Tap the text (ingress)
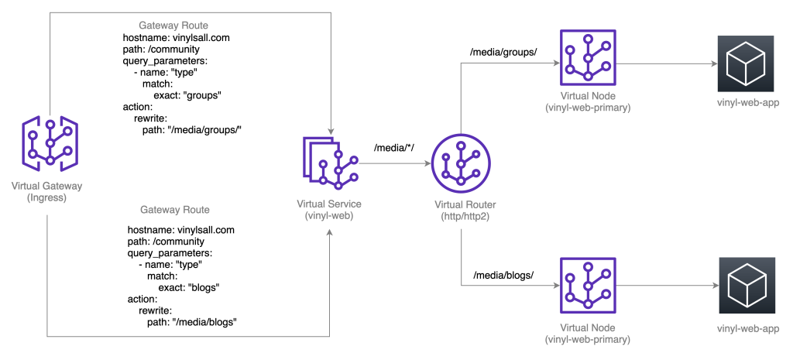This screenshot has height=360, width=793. pyautogui.click(x=47, y=197)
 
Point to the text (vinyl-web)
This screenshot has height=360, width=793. pyautogui.click(x=329, y=214)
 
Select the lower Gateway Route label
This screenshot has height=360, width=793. pyautogui.click(x=176, y=210)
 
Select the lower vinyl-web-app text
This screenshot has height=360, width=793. pyautogui.click(x=747, y=329)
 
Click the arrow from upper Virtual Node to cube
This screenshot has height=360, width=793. pyautogui.click(x=667, y=64)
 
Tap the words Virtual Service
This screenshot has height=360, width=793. pyautogui.click(x=329, y=204)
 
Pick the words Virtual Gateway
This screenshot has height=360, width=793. pyautogui.click(x=47, y=186)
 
